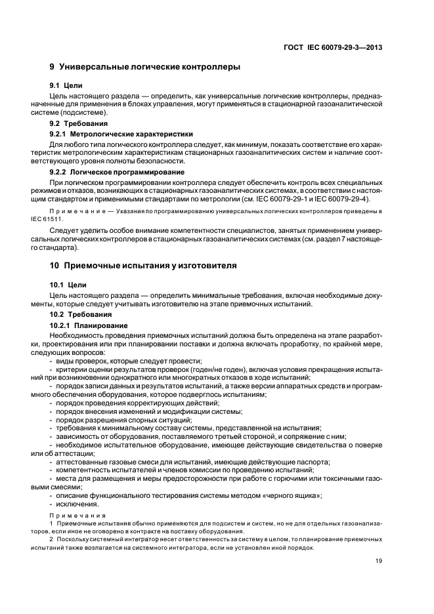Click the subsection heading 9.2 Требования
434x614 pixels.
coord(79,123)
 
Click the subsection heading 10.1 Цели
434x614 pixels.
coord(67,285)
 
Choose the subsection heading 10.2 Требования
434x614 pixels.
coord(81,314)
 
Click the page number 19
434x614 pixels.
coord(379,560)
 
